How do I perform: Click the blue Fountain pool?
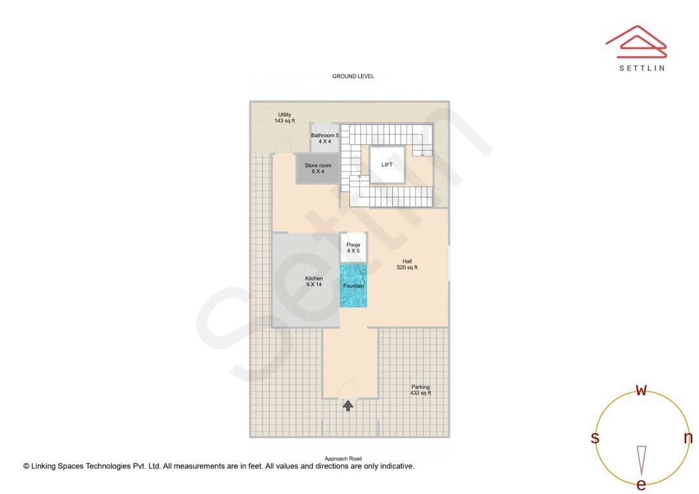click(x=353, y=285)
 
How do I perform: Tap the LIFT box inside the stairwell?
click(x=387, y=164)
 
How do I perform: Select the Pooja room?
click(x=353, y=247)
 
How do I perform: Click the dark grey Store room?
click(x=317, y=168)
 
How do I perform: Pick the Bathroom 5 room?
click(x=324, y=138)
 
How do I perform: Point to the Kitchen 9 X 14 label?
click(x=314, y=281)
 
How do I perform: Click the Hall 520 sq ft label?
click(x=407, y=264)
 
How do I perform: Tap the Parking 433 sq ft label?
click(x=421, y=390)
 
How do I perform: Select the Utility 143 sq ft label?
click(x=284, y=118)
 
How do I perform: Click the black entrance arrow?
click(x=348, y=405)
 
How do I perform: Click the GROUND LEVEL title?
click(x=353, y=76)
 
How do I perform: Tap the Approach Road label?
click(x=343, y=458)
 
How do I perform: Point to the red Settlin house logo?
click(x=636, y=41)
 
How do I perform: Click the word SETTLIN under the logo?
click(x=642, y=68)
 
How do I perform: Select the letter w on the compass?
click(x=641, y=390)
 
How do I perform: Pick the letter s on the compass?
click(x=595, y=438)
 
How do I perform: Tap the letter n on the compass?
click(x=688, y=438)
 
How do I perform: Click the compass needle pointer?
click(x=641, y=461)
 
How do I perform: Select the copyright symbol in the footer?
click(x=27, y=466)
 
